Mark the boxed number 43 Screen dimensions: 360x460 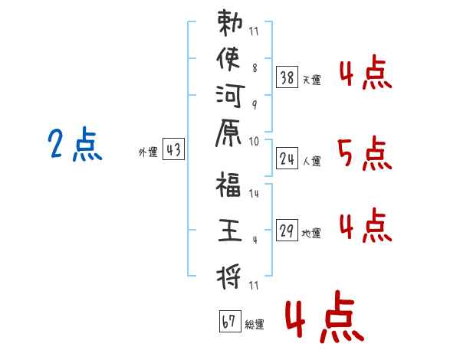pos(173,151)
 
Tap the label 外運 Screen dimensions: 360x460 pos(147,152)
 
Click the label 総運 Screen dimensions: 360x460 pos(255,324)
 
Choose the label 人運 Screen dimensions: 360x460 pos(312,162)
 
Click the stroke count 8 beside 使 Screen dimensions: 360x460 pos(255,67)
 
